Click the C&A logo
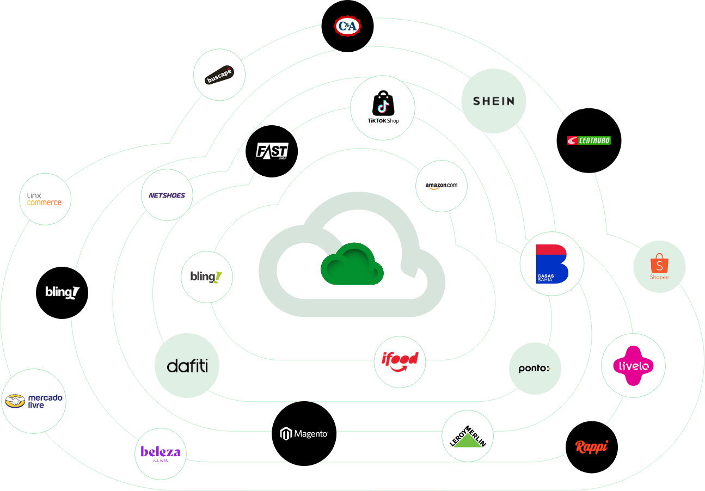click(x=347, y=26)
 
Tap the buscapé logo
click(x=219, y=75)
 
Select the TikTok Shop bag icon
click(x=382, y=103)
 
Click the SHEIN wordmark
click(x=493, y=101)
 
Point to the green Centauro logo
click(x=589, y=140)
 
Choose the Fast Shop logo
click(x=272, y=150)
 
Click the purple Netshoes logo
click(x=167, y=195)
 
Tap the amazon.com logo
click(x=441, y=186)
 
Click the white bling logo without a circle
click(x=62, y=292)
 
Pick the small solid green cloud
click(x=352, y=264)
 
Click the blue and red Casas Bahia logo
click(x=551, y=263)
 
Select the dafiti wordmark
click(x=187, y=365)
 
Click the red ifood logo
click(x=400, y=361)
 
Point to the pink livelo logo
click(x=633, y=365)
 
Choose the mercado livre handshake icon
click(x=15, y=401)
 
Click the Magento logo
click(x=304, y=433)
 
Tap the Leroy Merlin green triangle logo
click(x=468, y=437)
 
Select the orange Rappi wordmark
click(x=591, y=446)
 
